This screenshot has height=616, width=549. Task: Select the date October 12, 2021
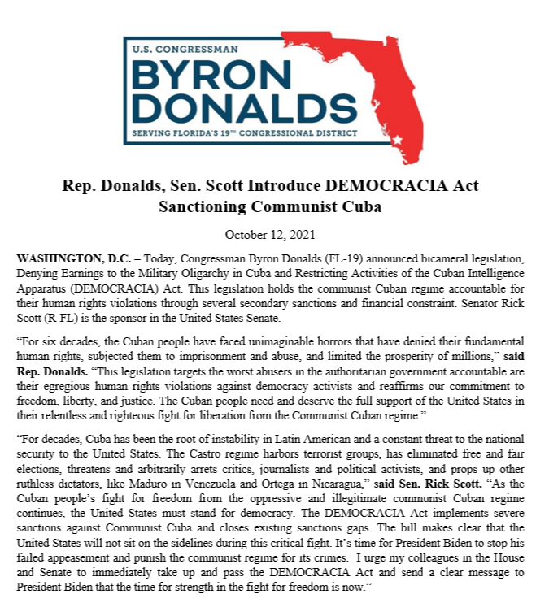pyautogui.click(x=274, y=236)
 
